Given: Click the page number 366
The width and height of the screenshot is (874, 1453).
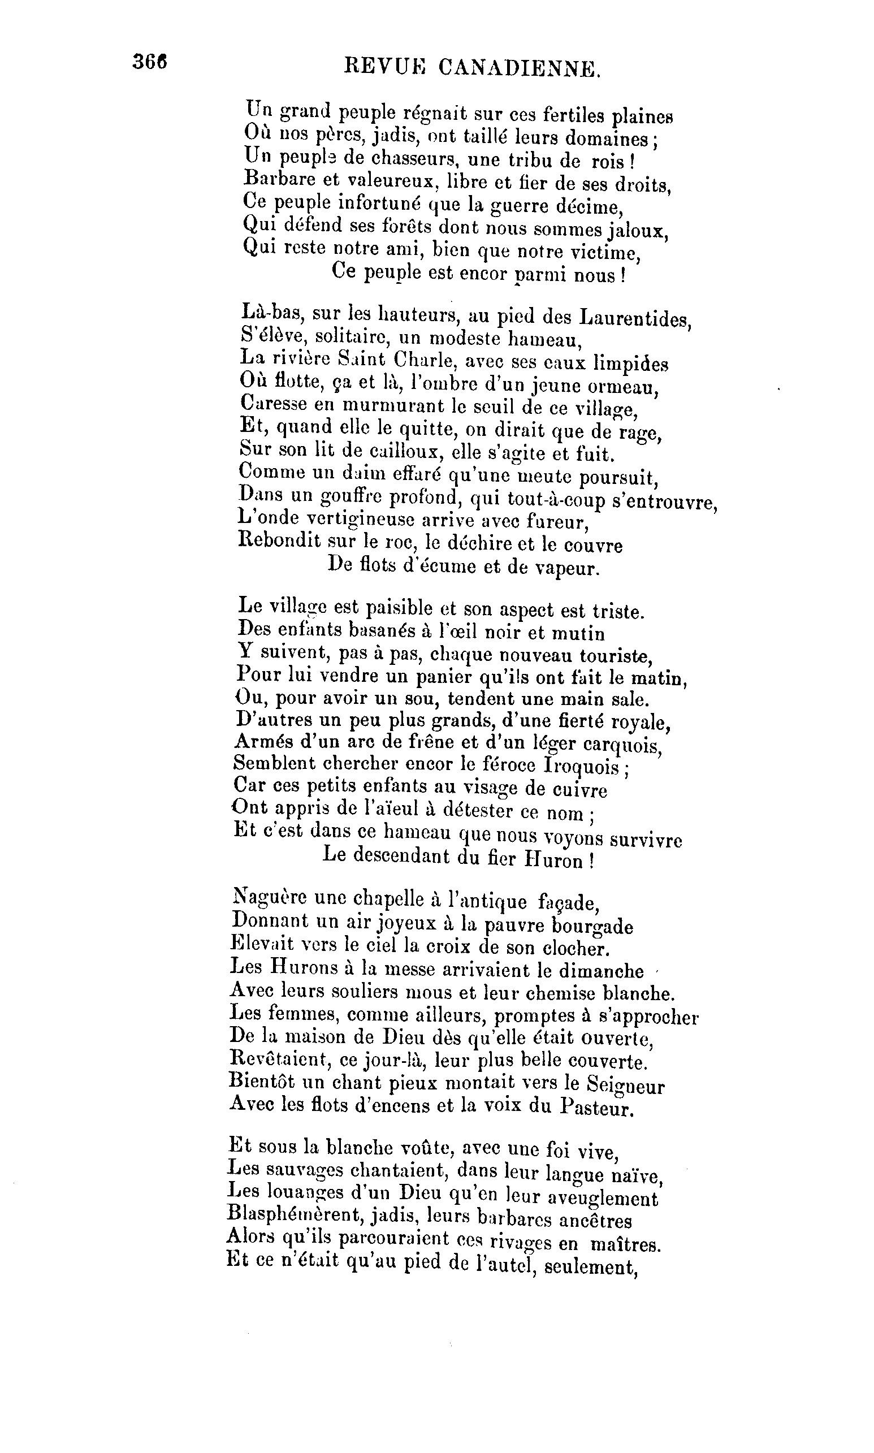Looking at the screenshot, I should (150, 61).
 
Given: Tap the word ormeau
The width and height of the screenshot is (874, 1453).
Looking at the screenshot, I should (626, 387).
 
